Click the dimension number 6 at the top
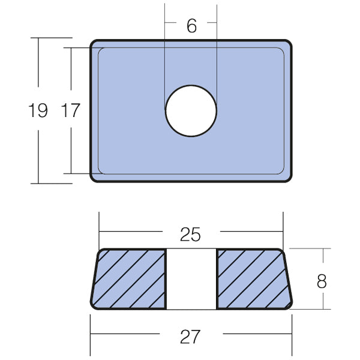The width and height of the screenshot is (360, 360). click(192, 26)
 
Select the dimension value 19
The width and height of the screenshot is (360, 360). click(38, 110)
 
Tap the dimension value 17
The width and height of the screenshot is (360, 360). click(70, 110)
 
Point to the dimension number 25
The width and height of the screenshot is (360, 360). click(190, 235)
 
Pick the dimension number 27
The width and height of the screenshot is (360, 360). click(190, 337)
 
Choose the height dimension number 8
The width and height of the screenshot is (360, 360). click(322, 281)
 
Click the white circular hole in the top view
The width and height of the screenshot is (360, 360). click(191, 111)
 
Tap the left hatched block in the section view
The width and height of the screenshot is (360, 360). click(128, 279)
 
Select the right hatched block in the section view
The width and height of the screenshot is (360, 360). click(255, 279)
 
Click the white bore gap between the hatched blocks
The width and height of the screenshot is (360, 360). click(191, 279)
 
